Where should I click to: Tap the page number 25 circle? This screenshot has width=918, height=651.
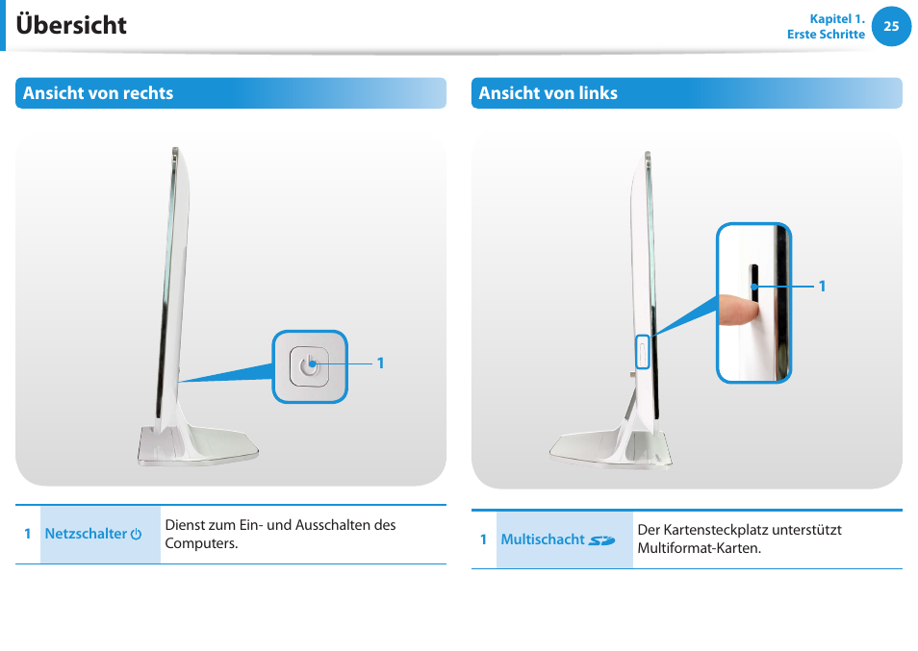coord(891,27)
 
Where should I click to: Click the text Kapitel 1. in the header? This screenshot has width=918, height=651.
coord(837,18)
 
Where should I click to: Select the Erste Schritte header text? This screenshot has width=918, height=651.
coord(826,35)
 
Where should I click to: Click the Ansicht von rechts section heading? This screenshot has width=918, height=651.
coord(98,93)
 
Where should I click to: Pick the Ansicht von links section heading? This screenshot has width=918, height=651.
coord(548,93)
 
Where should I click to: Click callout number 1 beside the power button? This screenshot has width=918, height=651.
coord(380,363)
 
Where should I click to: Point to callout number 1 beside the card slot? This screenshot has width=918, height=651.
coord(823,286)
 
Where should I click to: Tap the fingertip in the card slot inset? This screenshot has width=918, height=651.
coord(735,309)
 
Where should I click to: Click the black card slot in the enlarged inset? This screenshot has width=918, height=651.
coord(754,278)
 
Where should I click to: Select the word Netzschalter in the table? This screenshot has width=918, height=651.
coord(86,534)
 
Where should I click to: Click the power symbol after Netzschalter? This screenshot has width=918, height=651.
coord(137,534)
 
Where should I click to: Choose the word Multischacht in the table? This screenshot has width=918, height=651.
coord(543,539)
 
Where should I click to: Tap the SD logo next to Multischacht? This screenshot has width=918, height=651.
coord(601,540)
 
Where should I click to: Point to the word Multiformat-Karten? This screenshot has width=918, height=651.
coord(699,548)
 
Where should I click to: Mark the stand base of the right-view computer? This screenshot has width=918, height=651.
coord(198,445)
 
